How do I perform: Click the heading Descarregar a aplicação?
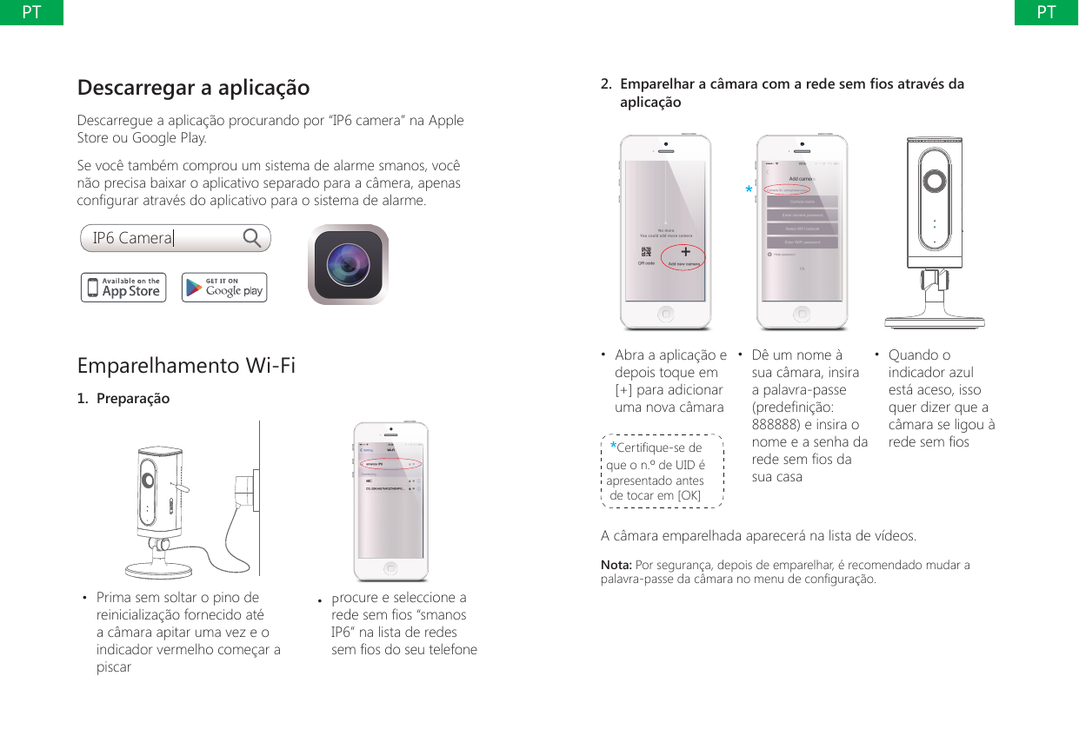(x=193, y=88)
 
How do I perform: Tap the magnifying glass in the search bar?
(x=253, y=238)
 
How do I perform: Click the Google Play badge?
(x=224, y=288)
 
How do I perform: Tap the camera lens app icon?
(x=348, y=265)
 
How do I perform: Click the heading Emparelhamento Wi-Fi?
(x=186, y=366)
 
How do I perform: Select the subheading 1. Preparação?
(x=123, y=399)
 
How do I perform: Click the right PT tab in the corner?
(x=1047, y=12)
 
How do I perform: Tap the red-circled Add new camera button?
(x=685, y=259)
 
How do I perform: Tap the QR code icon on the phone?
(x=646, y=255)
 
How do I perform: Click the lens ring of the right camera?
(x=935, y=181)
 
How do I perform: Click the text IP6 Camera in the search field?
(x=133, y=238)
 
